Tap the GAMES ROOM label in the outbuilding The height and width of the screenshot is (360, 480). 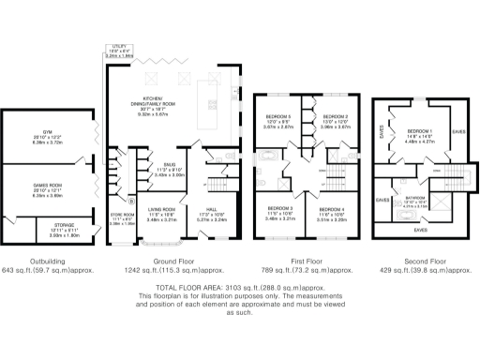pyautogui.click(x=39, y=193)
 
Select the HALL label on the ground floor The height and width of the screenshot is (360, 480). pyautogui.click(x=212, y=211)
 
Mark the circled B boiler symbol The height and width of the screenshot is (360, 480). pyautogui.click(x=130, y=202)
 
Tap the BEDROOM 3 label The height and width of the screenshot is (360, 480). pyautogui.click(x=280, y=207)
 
